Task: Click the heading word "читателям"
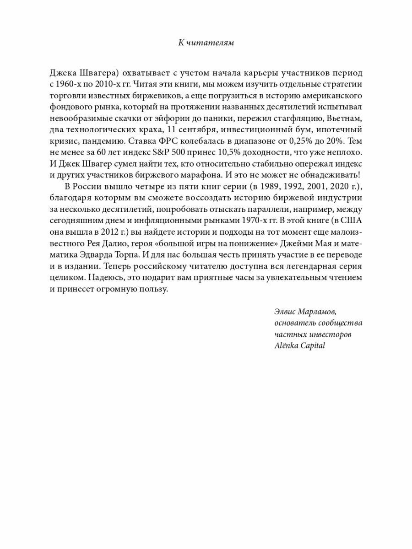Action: (x=212, y=43)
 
